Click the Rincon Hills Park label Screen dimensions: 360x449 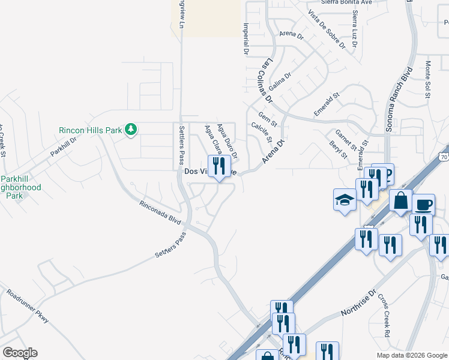coord(90,130)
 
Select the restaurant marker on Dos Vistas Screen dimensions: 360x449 coord(218,166)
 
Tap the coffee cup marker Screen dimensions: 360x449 coord(424,204)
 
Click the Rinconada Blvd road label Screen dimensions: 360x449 coord(160,212)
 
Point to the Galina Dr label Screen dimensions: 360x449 coord(280,80)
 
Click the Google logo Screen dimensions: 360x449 coord(20,353)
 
